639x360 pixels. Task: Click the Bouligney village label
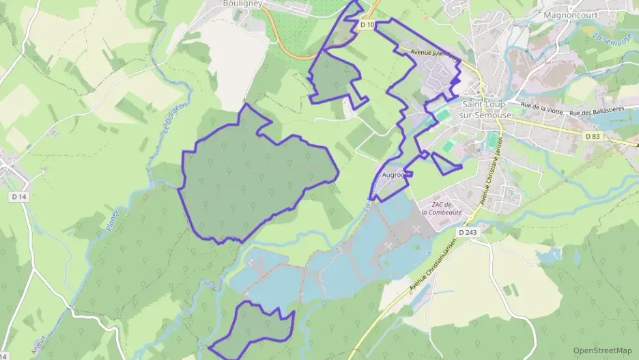(243, 3)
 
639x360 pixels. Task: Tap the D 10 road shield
(367, 25)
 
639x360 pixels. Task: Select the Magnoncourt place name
(571, 14)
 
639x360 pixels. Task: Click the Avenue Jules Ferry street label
(431, 52)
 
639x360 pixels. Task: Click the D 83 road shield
(593, 137)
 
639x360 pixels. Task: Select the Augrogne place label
(395, 175)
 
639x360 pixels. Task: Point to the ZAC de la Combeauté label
(442, 208)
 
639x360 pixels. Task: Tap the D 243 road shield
(468, 233)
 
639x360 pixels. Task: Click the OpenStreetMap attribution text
(602, 350)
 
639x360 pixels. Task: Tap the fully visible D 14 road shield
(18, 197)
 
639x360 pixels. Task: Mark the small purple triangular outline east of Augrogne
(445, 163)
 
